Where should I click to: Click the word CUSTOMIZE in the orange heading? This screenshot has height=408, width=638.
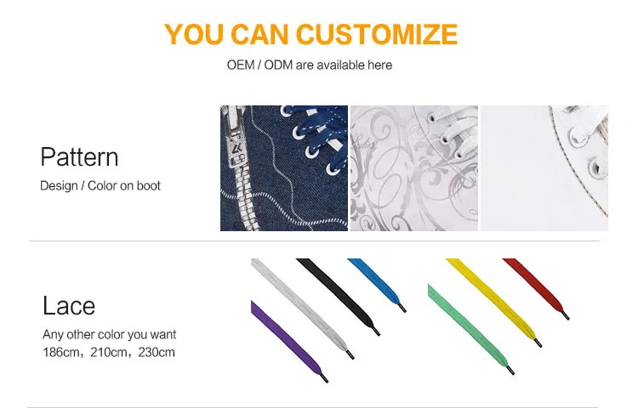[x=377, y=34]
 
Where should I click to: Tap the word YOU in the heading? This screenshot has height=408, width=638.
[x=194, y=34]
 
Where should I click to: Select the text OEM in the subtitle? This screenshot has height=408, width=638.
[x=241, y=65]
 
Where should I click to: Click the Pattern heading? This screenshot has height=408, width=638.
[x=79, y=157]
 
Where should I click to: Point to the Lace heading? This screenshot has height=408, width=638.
[x=69, y=306]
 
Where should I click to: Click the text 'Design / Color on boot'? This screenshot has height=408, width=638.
[x=100, y=185]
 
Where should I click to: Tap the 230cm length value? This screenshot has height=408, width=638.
[x=157, y=352]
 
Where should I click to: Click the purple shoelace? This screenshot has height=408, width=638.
[x=287, y=340]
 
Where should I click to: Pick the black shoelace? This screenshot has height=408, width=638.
[x=338, y=296]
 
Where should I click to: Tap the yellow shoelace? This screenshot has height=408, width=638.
[x=494, y=302]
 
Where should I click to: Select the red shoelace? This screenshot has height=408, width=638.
[x=536, y=287]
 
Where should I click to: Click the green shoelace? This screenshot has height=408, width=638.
[x=470, y=328]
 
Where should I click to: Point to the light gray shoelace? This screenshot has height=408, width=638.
[x=301, y=308]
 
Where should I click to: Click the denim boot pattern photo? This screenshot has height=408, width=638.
[x=284, y=168]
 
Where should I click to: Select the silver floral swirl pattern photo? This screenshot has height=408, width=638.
[x=414, y=168]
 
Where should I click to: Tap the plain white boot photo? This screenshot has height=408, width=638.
[x=544, y=168]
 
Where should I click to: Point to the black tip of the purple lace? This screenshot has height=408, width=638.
[x=324, y=378]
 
